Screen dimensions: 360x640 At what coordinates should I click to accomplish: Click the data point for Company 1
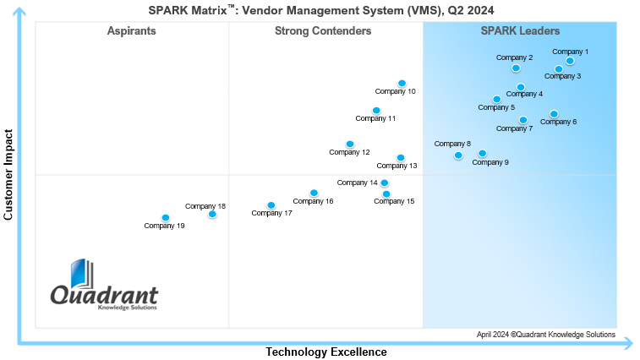click(570, 61)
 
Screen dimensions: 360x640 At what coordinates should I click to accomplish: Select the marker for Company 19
click(166, 218)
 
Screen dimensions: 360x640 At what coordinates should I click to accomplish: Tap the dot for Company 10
click(402, 84)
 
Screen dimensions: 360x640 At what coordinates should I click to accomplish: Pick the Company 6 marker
click(554, 114)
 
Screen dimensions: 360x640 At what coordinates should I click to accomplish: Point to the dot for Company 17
click(271, 205)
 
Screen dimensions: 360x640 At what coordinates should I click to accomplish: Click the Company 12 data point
click(349, 145)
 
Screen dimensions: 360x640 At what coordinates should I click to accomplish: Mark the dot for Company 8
click(458, 155)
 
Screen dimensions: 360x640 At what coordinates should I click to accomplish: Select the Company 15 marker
click(386, 194)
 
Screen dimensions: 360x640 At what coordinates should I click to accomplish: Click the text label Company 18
click(205, 206)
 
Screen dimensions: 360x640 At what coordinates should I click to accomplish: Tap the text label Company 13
click(397, 166)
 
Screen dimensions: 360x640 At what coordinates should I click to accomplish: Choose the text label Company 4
click(524, 94)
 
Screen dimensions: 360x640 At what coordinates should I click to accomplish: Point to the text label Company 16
click(313, 201)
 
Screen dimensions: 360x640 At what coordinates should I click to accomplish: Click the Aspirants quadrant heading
click(131, 31)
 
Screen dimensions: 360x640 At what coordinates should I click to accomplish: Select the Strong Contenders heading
click(323, 31)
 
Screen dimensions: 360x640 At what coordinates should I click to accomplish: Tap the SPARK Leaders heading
click(520, 31)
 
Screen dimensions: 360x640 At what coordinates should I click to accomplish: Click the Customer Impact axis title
click(9, 175)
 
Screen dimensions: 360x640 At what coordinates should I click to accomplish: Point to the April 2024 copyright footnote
click(545, 335)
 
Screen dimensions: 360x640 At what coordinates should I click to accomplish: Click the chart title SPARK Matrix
click(316, 9)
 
